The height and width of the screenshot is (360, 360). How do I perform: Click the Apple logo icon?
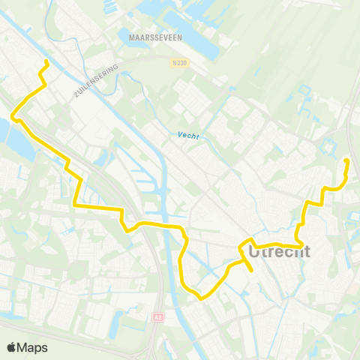[11, 347]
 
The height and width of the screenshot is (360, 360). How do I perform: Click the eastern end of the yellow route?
[346, 160]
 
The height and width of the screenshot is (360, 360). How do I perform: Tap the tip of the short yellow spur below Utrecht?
[250, 268]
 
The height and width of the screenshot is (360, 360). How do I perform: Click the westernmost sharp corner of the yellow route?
[13, 116]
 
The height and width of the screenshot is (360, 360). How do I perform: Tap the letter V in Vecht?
[181, 136]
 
